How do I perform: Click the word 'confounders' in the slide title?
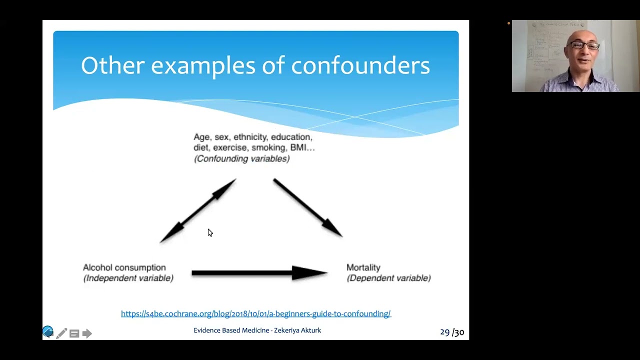click(x=360, y=65)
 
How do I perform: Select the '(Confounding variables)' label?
click(x=241, y=158)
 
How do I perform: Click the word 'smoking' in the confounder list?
click(x=269, y=147)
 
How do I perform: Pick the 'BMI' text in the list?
click(x=299, y=147)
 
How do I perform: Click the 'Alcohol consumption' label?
click(x=124, y=267)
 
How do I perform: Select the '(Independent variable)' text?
click(x=128, y=278)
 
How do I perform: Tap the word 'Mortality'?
click(x=363, y=267)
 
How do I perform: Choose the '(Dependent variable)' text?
click(x=388, y=278)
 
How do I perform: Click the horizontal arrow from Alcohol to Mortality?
click(x=259, y=273)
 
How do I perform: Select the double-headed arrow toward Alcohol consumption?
click(x=198, y=210)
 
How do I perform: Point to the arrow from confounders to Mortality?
click(x=307, y=207)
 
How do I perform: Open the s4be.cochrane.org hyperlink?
click(x=255, y=313)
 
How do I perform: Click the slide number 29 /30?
click(x=451, y=332)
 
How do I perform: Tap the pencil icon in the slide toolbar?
click(x=61, y=333)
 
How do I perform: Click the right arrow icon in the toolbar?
click(x=87, y=333)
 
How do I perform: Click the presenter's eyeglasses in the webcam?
click(x=584, y=46)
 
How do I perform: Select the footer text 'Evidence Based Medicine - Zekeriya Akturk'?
click(x=257, y=330)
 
